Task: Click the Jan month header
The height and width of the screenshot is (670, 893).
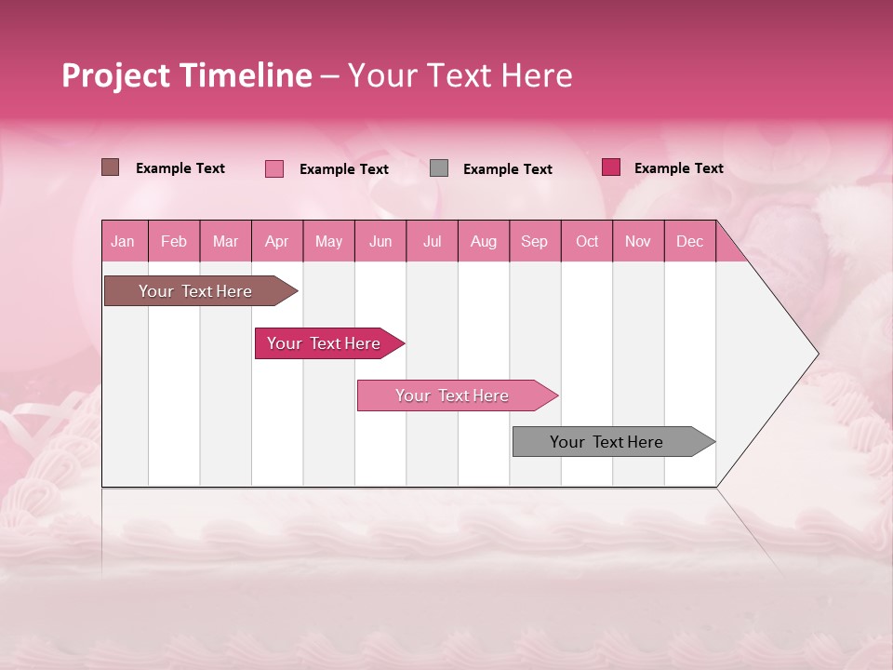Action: click(123, 241)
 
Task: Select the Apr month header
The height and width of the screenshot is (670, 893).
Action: click(277, 241)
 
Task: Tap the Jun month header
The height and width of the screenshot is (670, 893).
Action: click(380, 241)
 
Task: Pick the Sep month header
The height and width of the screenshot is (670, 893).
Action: click(534, 241)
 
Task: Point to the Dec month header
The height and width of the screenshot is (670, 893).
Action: click(689, 241)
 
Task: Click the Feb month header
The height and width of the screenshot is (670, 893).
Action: click(174, 241)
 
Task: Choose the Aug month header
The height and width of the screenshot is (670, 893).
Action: click(483, 241)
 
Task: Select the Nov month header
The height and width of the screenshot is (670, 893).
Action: click(637, 241)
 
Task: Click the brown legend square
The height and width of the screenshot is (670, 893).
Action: click(111, 167)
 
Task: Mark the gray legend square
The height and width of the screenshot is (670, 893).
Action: click(439, 168)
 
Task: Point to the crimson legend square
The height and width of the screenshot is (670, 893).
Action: click(611, 167)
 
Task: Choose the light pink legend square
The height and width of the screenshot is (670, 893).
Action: click(274, 168)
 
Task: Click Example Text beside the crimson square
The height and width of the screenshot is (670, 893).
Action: click(678, 168)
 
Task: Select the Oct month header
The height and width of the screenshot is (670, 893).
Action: click(587, 241)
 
